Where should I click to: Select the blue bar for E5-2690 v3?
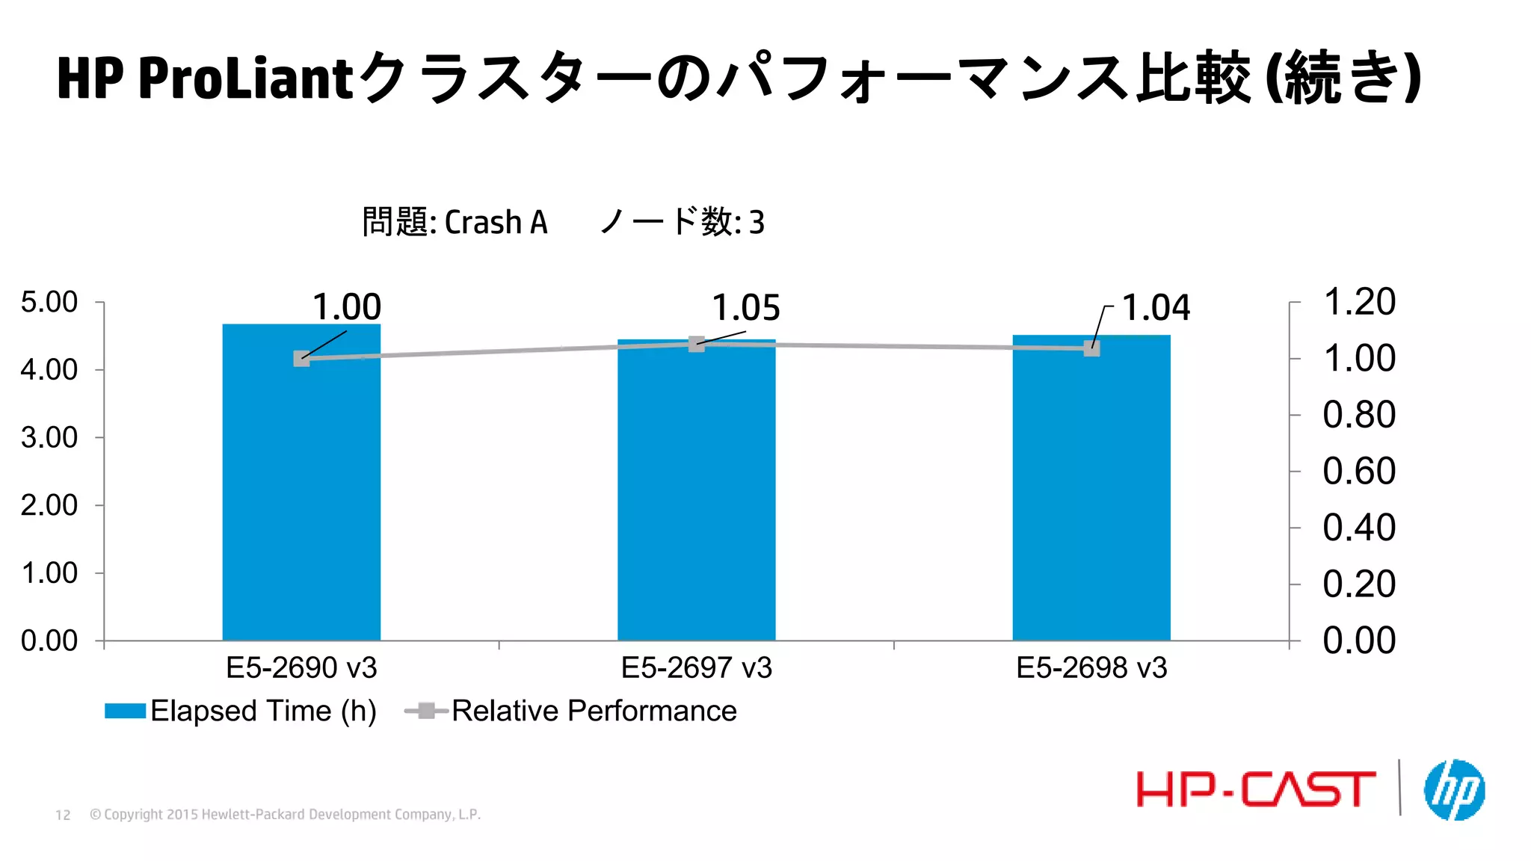(301, 493)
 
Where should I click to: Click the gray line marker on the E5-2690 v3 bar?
(301, 359)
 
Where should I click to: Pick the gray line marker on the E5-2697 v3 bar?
(696, 344)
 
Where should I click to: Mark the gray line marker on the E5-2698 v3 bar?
(1091, 348)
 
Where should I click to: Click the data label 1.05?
(745, 308)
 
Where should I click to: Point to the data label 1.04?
(1156, 308)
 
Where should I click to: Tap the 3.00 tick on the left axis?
(49, 437)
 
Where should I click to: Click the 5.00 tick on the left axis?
(49, 302)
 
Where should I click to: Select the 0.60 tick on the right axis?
(1358, 471)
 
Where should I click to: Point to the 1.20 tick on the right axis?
(1358, 302)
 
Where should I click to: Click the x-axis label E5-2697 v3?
(696, 667)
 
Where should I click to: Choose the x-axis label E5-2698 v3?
(1091, 667)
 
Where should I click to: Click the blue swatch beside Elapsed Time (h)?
(125, 711)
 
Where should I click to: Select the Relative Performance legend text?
(594, 711)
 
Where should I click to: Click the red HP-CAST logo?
(1255, 789)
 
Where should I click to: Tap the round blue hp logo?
(1454, 790)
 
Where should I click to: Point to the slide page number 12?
(63, 815)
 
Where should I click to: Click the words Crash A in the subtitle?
(496, 223)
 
